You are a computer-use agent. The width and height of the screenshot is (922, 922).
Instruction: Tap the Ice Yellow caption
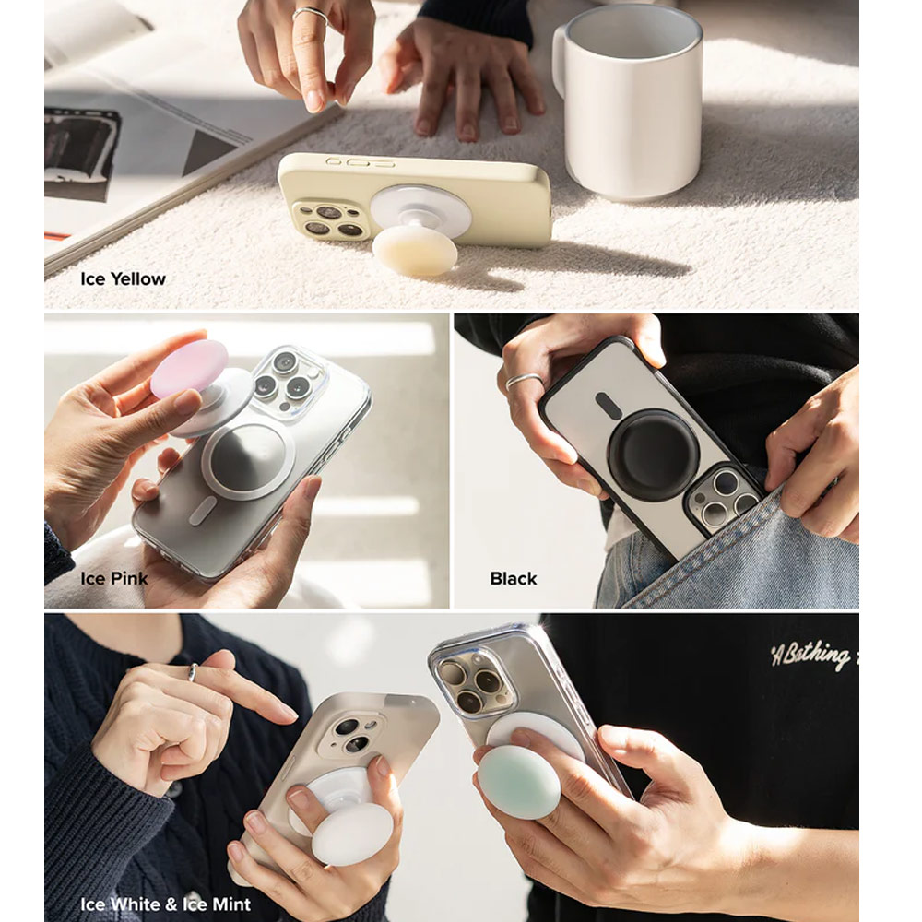[123, 278]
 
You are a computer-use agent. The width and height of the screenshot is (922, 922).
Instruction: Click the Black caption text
[514, 579]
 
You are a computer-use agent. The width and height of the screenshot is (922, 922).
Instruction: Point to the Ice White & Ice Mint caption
[165, 904]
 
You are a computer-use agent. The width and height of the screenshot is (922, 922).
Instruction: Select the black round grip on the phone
[654, 455]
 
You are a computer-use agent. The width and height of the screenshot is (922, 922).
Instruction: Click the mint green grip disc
[519, 781]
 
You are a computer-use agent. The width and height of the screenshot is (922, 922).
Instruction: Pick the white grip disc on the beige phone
[352, 834]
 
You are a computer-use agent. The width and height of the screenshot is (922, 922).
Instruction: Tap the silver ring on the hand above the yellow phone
[311, 13]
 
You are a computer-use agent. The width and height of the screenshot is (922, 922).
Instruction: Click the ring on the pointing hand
[193, 672]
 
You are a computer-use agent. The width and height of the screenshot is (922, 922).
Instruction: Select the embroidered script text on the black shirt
[811, 656]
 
